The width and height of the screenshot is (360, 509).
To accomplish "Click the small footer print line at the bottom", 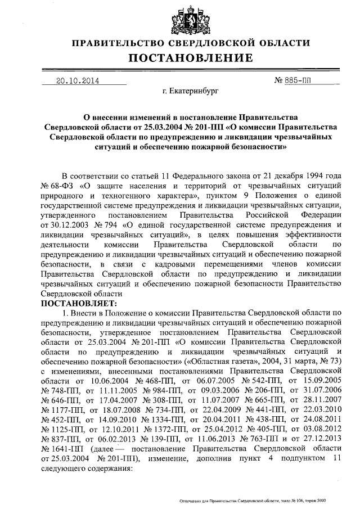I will tap(251, 500).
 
